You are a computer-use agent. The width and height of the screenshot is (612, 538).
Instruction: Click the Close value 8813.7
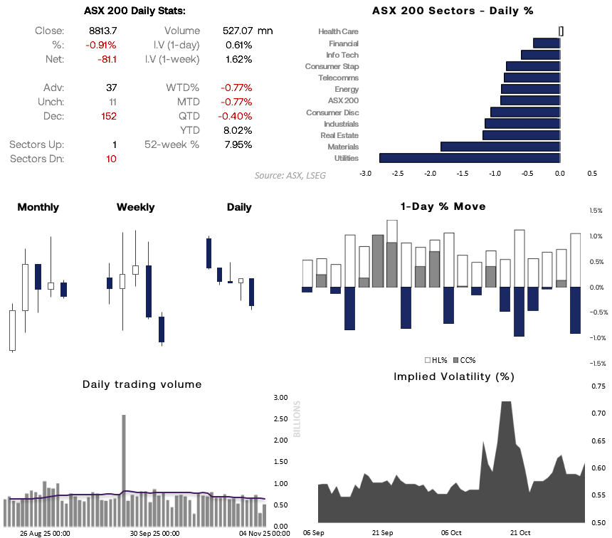103,31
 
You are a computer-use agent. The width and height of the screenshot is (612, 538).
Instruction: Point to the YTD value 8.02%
238,130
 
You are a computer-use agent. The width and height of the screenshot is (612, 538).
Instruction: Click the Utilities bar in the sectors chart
470,158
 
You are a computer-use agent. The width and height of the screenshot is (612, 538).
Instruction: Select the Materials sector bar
500,147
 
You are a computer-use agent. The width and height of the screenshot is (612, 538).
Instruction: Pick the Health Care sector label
338,32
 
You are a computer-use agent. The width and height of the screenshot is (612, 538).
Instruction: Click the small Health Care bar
561,31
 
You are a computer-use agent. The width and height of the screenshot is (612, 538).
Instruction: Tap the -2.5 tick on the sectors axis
398,173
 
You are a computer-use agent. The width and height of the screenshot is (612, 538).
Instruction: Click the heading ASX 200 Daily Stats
134,11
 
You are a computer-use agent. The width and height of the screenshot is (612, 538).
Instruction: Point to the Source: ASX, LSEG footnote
290,175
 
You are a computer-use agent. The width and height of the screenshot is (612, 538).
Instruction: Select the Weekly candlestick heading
135,207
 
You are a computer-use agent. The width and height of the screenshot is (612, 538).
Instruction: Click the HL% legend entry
433,360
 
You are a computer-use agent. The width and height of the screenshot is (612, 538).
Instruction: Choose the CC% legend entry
463,360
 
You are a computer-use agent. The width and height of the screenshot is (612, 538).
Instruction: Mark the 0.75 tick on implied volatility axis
598,386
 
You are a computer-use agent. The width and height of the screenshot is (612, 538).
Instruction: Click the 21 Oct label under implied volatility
520,532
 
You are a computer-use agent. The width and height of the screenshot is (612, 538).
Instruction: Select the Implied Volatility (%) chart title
454,376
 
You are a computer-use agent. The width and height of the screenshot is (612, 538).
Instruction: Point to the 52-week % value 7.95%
238,144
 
